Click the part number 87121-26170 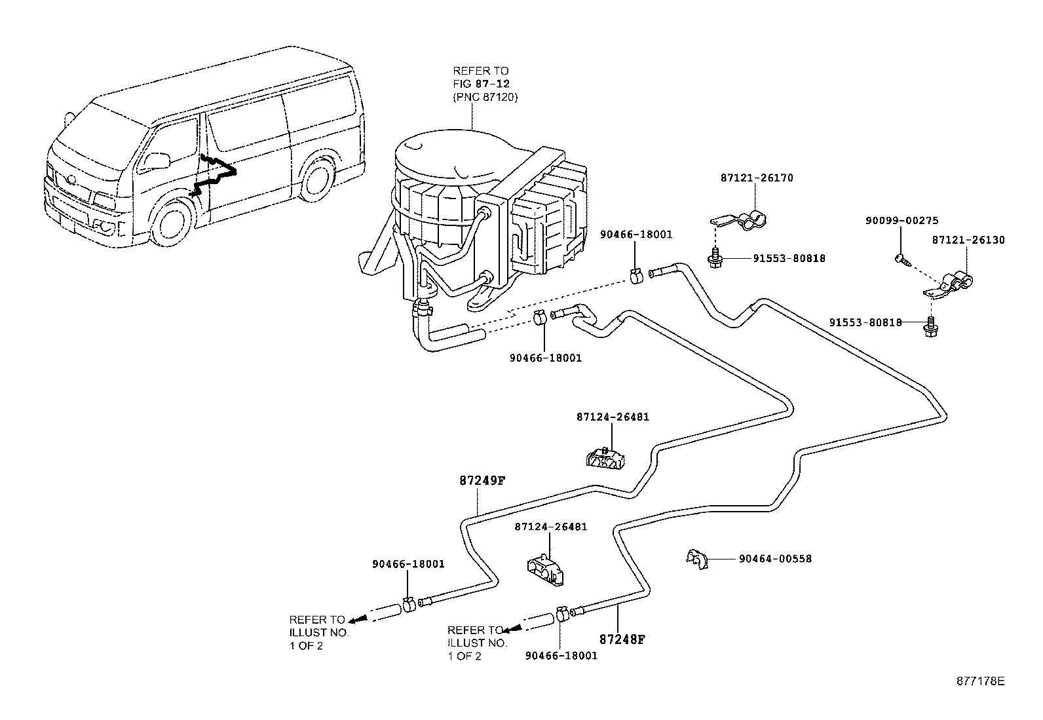757,178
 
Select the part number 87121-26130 968,240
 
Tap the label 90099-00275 902,221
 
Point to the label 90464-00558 775,559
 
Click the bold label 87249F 482,481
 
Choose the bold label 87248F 622,639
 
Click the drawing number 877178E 981,681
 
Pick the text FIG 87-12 482,85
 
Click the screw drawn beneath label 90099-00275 902,259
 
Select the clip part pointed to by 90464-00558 698,559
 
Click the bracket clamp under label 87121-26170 740,221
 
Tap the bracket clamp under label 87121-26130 949,285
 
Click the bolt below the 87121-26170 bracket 715,259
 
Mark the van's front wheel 173,223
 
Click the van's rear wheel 318,180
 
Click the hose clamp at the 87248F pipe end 561,614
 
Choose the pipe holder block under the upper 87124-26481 605,459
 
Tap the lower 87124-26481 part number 551,527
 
